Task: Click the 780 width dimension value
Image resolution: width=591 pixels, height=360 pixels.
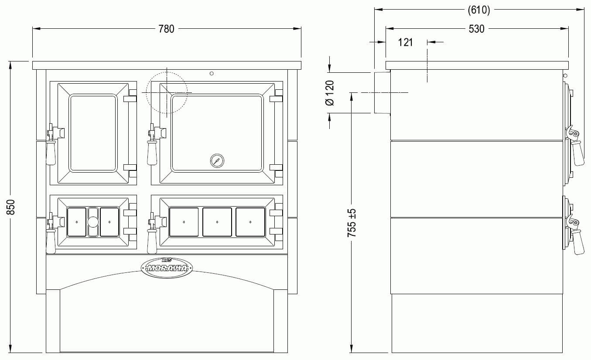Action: pyautogui.click(x=166, y=29)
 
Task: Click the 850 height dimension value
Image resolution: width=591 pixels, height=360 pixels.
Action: pyautogui.click(x=11, y=207)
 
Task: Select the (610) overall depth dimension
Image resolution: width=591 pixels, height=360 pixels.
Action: pyautogui.click(x=478, y=10)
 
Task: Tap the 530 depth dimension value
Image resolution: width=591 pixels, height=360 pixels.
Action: pyautogui.click(x=476, y=29)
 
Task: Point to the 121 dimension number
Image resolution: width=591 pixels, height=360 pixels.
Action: pyautogui.click(x=405, y=42)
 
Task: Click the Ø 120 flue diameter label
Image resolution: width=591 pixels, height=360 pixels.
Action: pyautogui.click(x=330, y=93)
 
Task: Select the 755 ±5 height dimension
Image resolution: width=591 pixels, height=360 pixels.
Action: pyautogui.click(x=352, y=223)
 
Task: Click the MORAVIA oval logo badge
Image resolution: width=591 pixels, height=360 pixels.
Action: pyautogui.click(x=167, y=268)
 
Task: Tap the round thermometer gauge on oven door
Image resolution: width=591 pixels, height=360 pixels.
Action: pyautogui.click(x=217, y=161)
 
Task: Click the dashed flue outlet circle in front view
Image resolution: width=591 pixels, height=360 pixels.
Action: pyautogui.click(x=167, y=72)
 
